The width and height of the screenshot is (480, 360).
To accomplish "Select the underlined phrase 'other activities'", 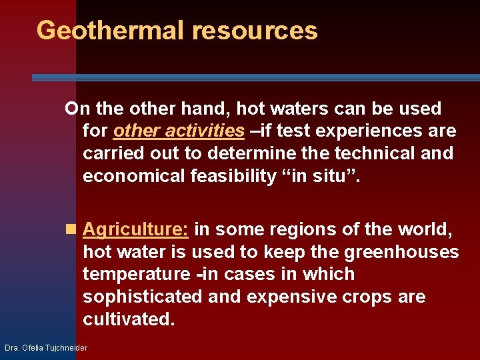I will [179, 131].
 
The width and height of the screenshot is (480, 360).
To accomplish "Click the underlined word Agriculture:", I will [136, 229].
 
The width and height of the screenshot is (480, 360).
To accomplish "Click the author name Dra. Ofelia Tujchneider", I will [46, 348].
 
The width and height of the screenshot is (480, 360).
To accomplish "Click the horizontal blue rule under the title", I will [255, 78].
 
